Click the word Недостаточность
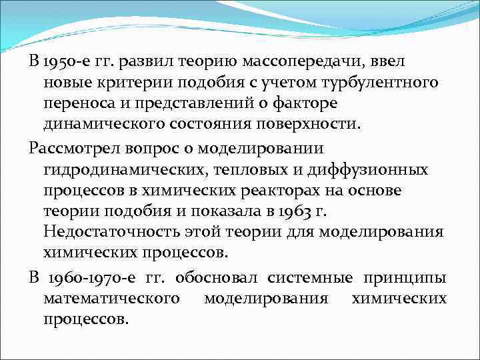coord(108,232)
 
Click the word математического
coord(111,298)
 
